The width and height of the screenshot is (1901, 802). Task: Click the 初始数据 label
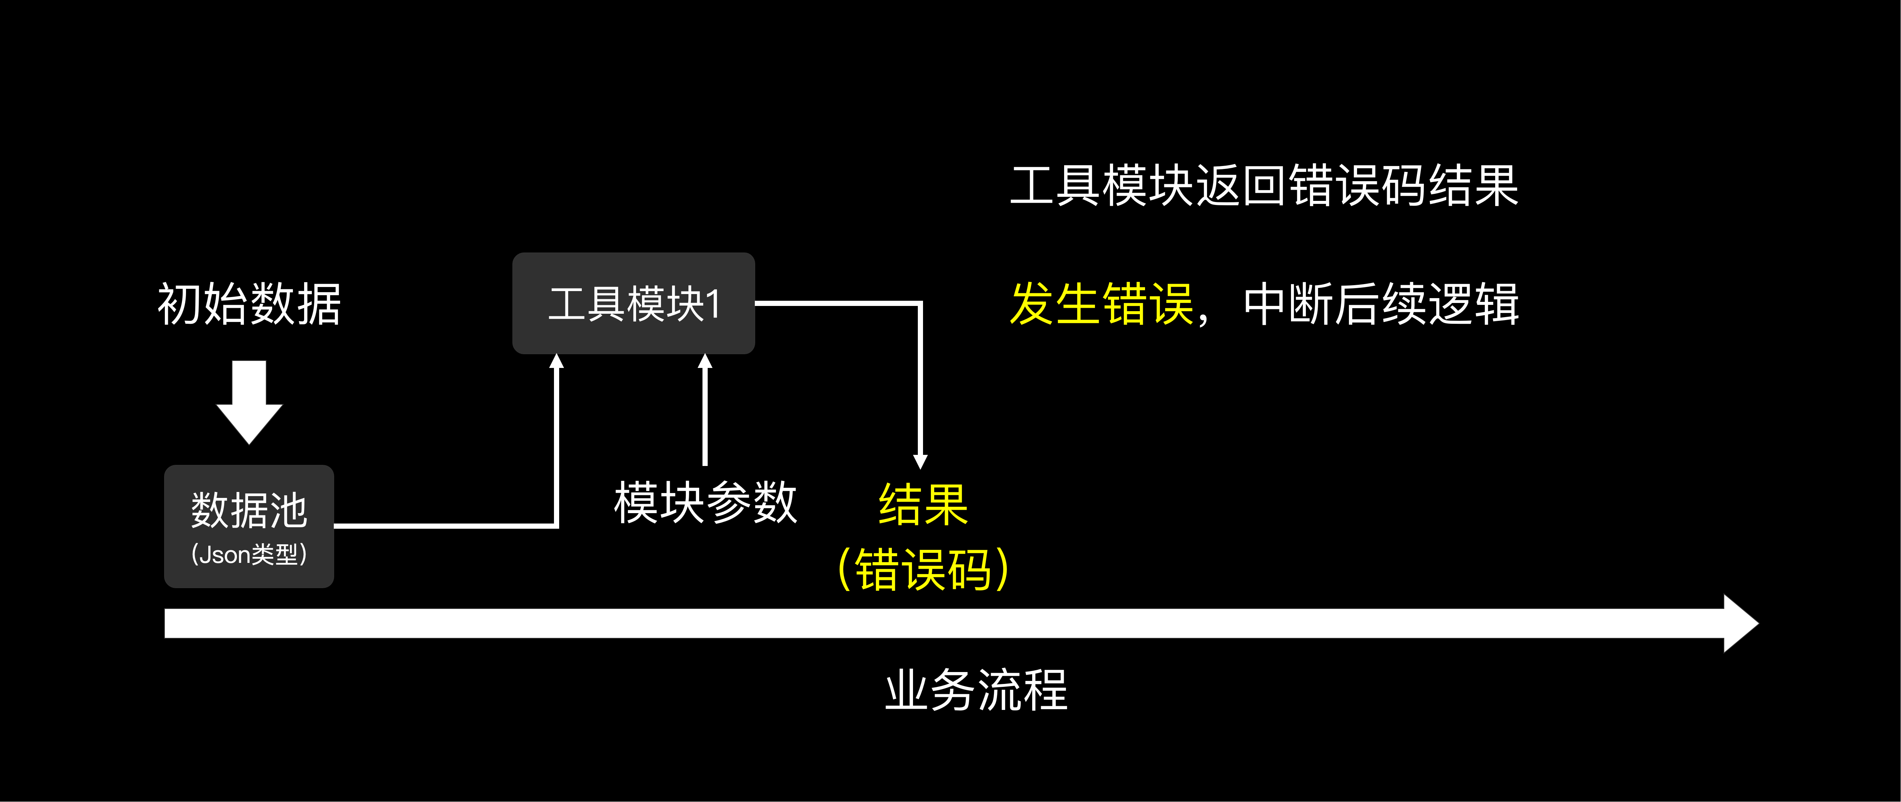(x=250, y=304)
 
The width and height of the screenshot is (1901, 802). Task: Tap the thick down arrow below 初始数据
(x=250, y=402)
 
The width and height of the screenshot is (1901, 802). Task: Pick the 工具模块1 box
(x=633, y=303)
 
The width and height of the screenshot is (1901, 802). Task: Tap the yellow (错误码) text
(x=922, y=570)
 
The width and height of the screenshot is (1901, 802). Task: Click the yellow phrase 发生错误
(x=1101, y=304)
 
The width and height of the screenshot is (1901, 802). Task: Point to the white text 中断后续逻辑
(x=1381, y=304)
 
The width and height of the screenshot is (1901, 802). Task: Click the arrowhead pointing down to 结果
(x=920, y=461)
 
